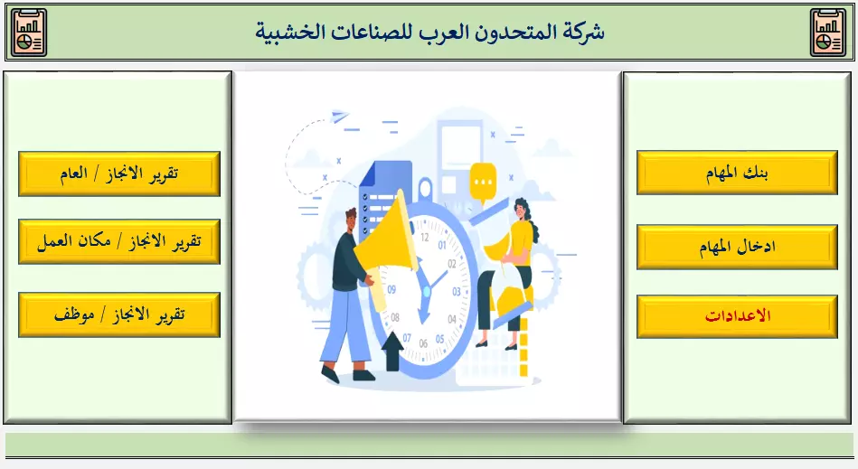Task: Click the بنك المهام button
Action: tap(737, 173)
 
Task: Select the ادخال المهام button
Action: tap(737, 247)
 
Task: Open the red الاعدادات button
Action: tap(737, 316)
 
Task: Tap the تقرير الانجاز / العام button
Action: tap(119, 174)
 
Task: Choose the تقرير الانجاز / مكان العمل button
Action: tap(119, 241)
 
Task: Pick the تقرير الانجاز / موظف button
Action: tap(119, 314)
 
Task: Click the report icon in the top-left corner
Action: tap(29, 33)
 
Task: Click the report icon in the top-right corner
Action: tap(828, 33)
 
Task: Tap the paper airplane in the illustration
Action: tap(340, 116)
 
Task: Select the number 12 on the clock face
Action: tap(425, 238)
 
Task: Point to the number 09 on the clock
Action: tap(391, 289)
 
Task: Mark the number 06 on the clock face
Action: tap(423, 343)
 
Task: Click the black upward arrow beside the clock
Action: tap(391, 351)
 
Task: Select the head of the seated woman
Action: tap(521, 210)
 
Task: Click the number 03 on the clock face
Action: tap(457, 292)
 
